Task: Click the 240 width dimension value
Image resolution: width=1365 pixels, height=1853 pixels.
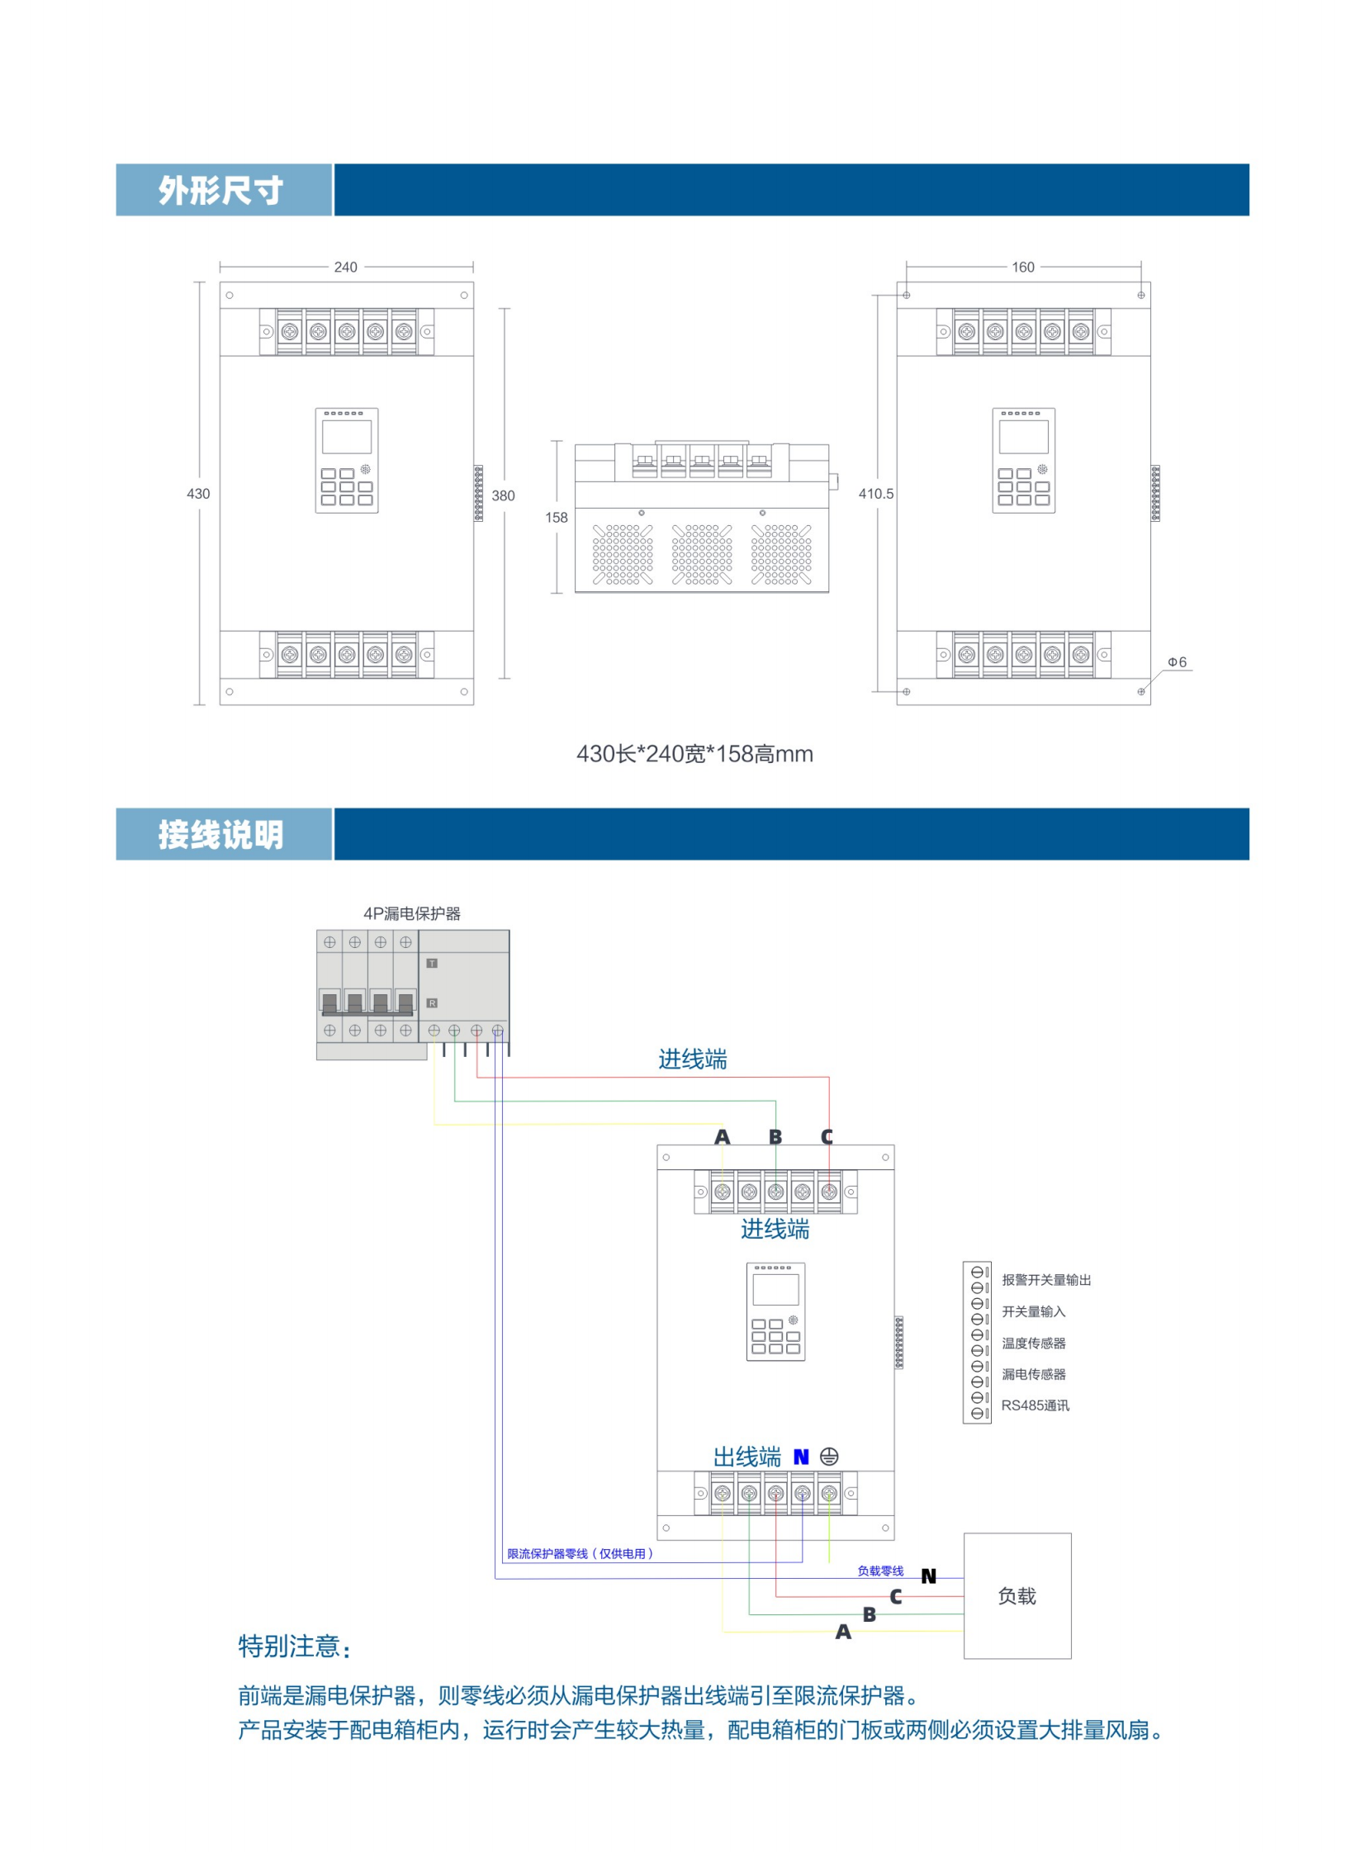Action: (345, 267)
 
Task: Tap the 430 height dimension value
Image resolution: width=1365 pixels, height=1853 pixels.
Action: (198, 493)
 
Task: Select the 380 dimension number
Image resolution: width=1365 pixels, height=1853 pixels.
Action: (503, 495)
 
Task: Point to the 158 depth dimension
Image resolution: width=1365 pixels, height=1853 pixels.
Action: (556, 517)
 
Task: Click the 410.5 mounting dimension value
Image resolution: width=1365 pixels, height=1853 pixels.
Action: (876, 493)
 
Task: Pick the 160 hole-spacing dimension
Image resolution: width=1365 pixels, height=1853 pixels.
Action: (1023, 267)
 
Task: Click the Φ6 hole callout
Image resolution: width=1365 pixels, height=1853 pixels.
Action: (1177, 661)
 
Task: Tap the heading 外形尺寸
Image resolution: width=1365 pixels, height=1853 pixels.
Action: (220, 190)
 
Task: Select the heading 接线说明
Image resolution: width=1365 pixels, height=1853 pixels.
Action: (220, 834)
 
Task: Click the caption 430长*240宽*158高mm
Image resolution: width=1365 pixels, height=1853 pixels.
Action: (695, 753)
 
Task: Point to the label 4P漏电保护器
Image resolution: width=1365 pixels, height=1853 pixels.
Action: (412, 912)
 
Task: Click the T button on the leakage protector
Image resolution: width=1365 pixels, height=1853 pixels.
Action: (431, 964)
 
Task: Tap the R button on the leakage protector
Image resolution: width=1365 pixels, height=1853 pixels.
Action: (431, 1003)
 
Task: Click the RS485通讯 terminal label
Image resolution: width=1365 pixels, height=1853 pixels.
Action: (1036, 1405)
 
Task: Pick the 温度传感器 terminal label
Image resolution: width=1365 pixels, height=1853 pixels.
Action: (1034, 1344)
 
